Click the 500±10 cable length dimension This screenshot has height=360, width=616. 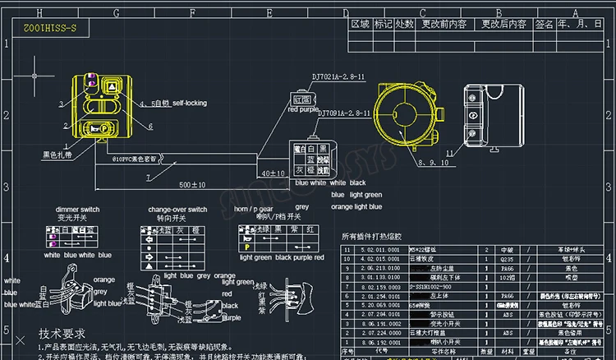click(x=191, y=186)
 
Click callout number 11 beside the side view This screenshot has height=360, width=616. click(x=448, y=153)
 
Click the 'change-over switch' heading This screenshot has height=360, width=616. click(x=179, y=210)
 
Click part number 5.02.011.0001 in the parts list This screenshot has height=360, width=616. click(x=381, y=247)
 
